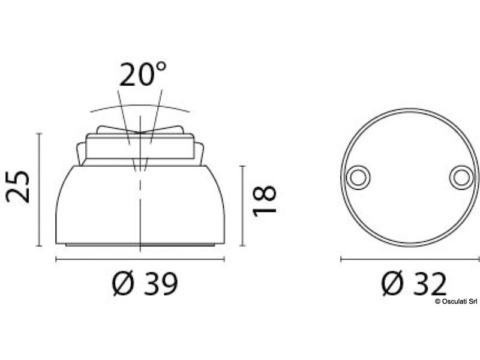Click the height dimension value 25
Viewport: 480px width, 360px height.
pos(18,187)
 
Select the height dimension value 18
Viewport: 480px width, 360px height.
pos(265,200)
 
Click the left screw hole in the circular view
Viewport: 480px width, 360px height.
pos(358,177)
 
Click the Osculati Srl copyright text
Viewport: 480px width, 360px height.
pos(456,301)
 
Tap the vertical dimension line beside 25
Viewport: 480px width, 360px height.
pos(40,190)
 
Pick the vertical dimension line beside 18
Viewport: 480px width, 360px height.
pos(242,206)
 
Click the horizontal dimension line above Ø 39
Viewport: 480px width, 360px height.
pos(140,259)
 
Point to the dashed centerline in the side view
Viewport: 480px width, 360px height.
pos(140,198)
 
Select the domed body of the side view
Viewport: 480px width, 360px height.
pos(96,204)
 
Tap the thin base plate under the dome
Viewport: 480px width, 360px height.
pos(140,245)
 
